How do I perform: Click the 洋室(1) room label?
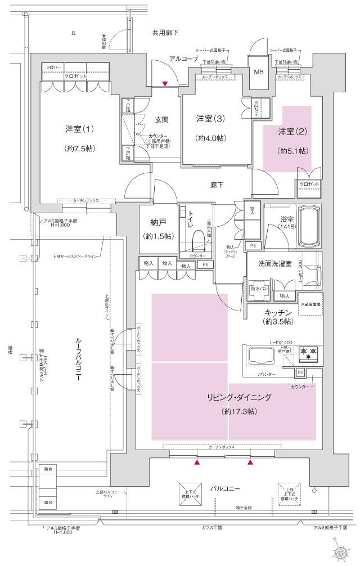click(x=79, y=129)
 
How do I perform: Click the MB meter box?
click(x=259, y=72)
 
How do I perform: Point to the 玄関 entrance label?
click(x=163, y=119)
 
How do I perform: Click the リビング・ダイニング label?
click(x=239, y=398)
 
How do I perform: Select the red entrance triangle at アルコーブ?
click(x=165, y=84)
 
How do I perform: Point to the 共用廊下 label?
click(x=165, y=33)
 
